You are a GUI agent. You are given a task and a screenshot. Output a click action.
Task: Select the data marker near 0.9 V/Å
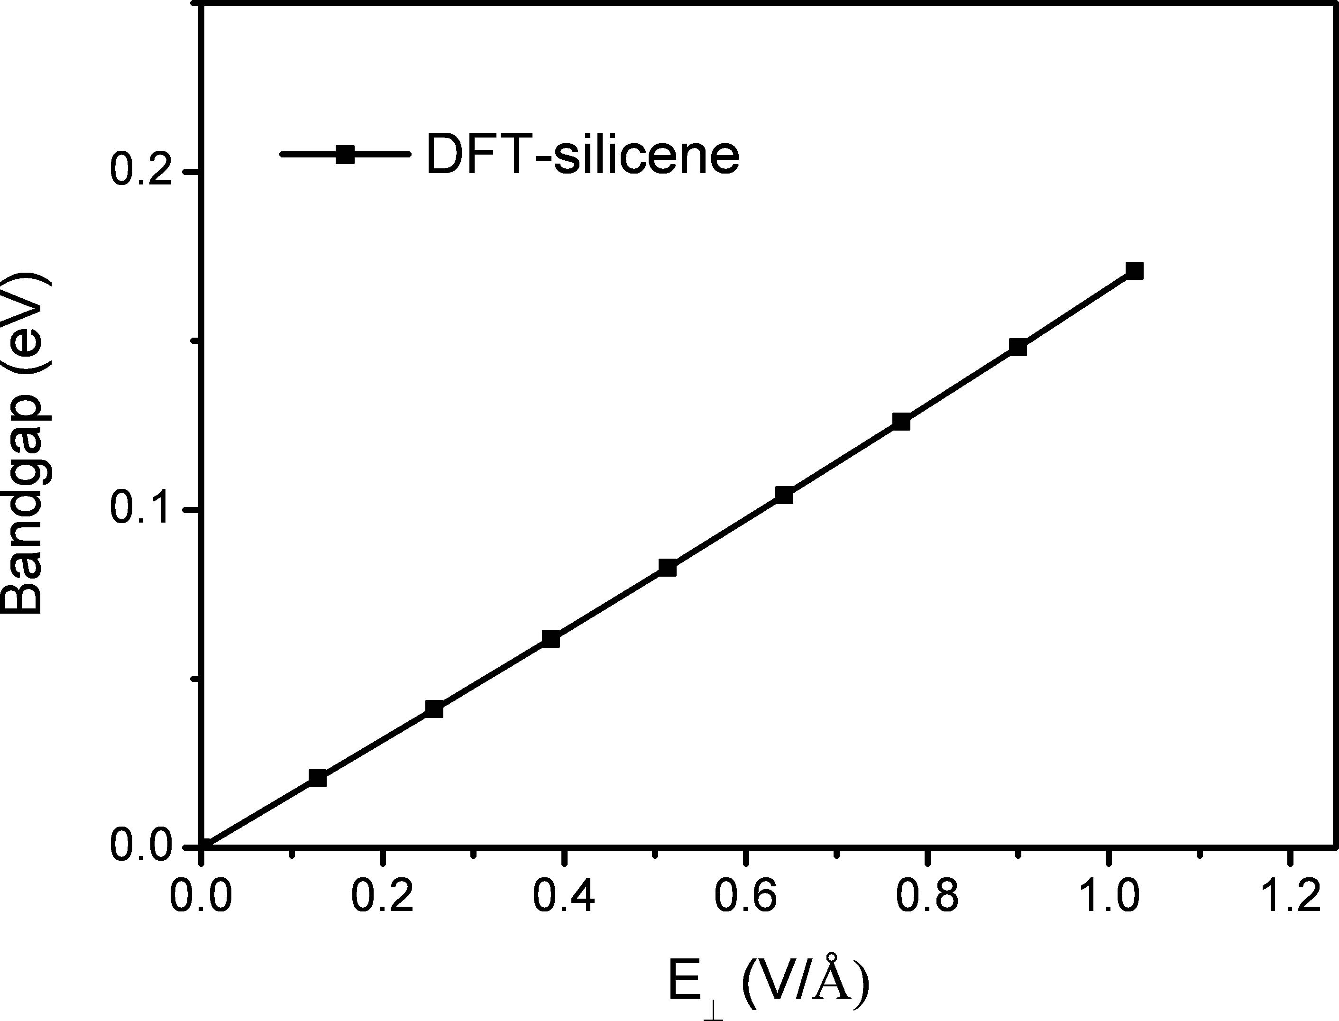[x=1018, y=348]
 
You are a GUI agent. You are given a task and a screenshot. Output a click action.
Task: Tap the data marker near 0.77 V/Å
[x=901, y=422]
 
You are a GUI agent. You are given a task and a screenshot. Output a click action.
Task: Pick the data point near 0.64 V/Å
[x=784, y=495]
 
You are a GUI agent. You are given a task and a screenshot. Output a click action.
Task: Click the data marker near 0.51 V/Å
[x=668, y=568]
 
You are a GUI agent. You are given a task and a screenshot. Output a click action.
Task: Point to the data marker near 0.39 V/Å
[x=550, y=639]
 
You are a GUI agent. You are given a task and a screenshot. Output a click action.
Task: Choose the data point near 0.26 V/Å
[x=434, y=708]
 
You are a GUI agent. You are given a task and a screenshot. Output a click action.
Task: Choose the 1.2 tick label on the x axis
[x=1289, y=898]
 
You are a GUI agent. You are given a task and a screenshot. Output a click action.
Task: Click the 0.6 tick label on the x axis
[x=745, y=898]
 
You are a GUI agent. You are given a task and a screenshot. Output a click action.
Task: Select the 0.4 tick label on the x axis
[x=564, y=898]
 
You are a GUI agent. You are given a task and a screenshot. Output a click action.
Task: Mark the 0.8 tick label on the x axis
[x=927, y=898]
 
